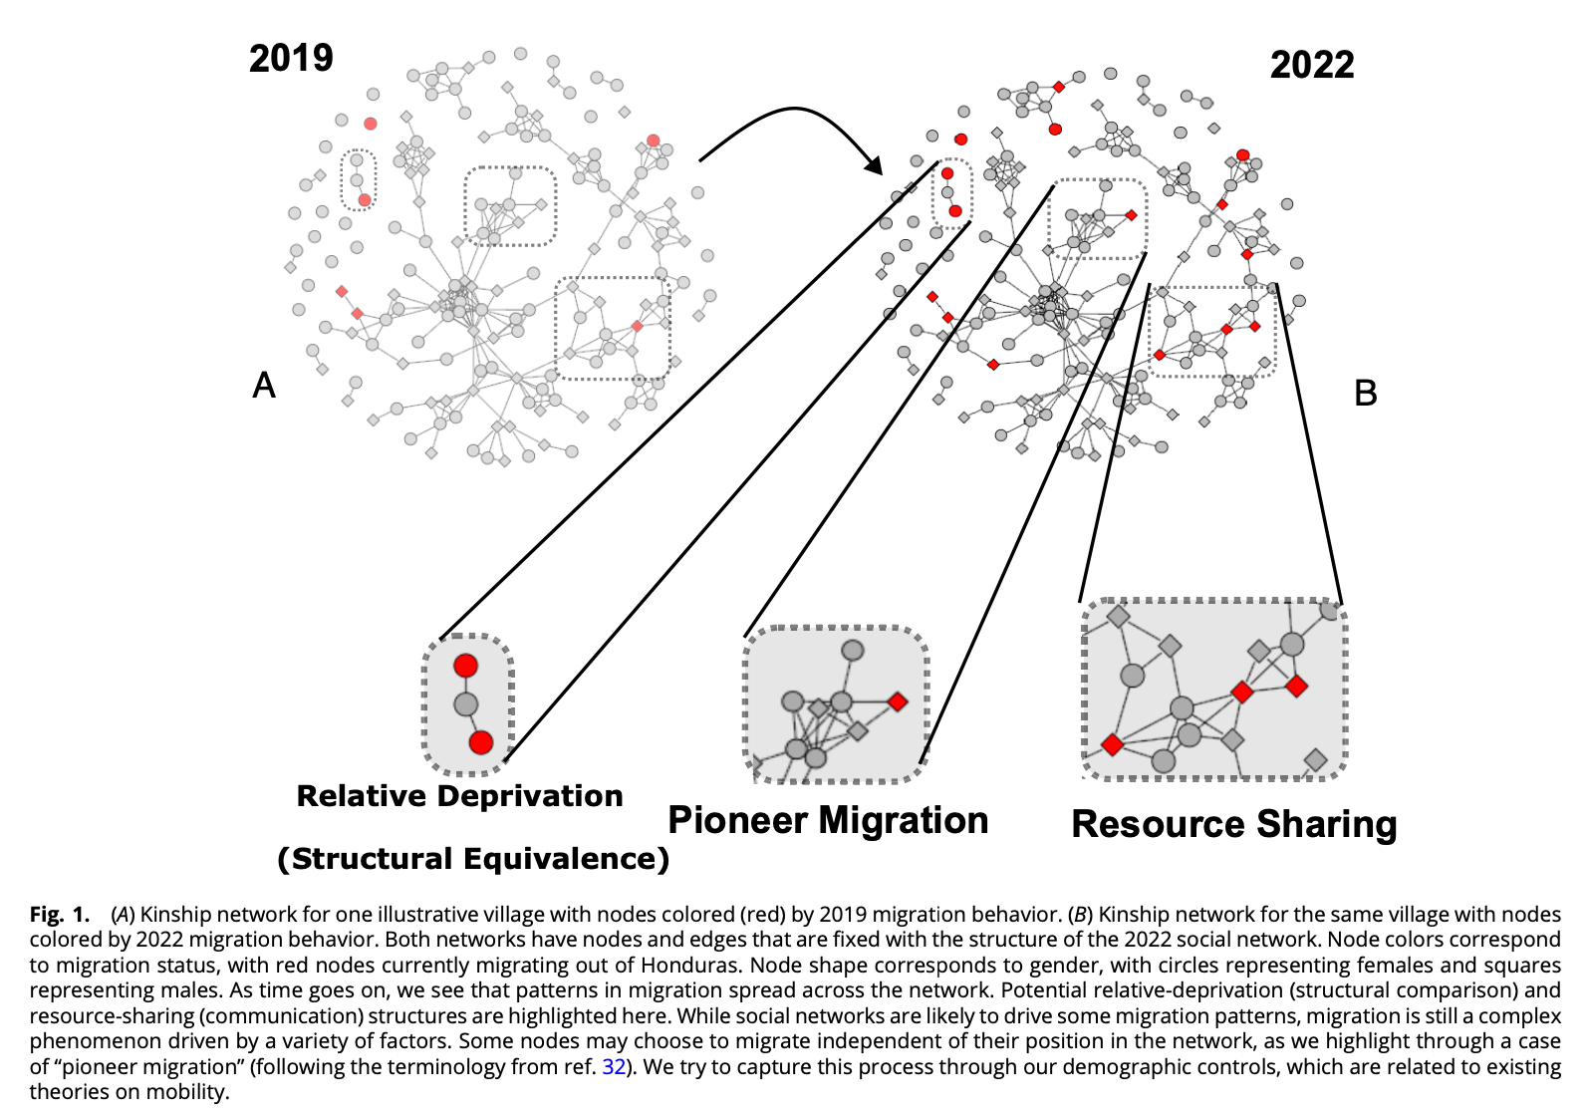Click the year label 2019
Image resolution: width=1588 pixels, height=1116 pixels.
tap(291, 58)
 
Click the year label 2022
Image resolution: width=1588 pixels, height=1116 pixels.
tap(1312, 66)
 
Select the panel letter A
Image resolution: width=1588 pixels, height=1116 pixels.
tap(264, 385)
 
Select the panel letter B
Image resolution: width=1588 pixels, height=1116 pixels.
tap(1365, 393)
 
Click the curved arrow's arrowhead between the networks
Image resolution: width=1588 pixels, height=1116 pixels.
tap(875, 164)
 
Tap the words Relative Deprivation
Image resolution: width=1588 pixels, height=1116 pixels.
tap(459, 796)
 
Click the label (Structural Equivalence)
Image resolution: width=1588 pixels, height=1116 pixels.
tap(473, 859)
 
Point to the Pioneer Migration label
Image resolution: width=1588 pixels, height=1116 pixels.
tap(828, 820)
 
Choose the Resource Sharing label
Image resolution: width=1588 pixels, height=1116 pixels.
tap(1234, 824)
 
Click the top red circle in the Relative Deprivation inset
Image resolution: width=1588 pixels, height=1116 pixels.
tap(465, 666)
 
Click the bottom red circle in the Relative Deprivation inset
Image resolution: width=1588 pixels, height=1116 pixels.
tap(481, 742)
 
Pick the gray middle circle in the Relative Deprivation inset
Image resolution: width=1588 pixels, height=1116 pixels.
tap(466, 704)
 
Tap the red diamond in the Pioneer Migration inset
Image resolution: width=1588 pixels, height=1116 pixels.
tap(898, 701)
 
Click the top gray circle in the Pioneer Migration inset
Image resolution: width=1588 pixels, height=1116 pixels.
tap(853, 651)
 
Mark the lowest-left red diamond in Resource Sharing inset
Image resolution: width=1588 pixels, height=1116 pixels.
tap(1113, 744)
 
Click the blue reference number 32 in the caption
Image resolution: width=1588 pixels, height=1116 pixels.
tap(614, 1066)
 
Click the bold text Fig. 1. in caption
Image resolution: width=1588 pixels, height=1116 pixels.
tap(60, 914)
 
